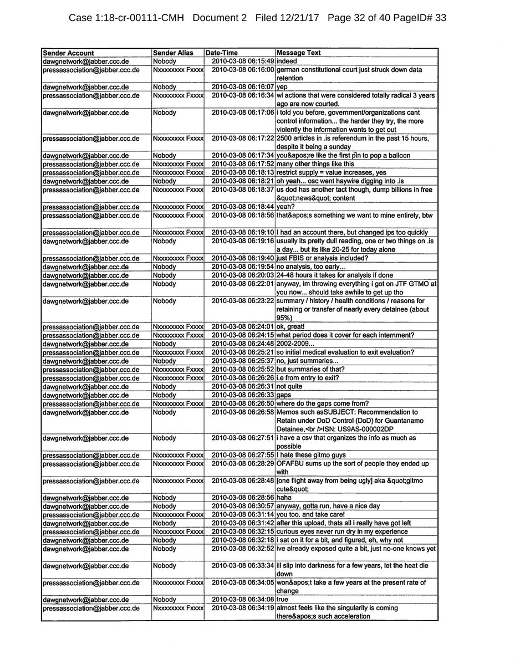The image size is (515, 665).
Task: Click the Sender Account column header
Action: pos(68,53)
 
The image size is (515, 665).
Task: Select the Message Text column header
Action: pos(298,53)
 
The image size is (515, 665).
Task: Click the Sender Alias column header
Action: pos(173,53)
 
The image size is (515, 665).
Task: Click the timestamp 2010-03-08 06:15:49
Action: pos(243,60)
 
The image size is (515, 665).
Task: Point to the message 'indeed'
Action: pos(287,60)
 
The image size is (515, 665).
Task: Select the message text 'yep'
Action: pos(282,87)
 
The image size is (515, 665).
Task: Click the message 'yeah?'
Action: pos(285,207)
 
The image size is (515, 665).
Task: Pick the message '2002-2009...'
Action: pos(294,343)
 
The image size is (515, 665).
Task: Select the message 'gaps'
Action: pos(284,395)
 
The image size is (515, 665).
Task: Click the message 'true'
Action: pos(283,600)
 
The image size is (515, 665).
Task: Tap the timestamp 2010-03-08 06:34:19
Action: pos(243,608)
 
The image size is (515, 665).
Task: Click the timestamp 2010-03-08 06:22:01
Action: pos(243,283)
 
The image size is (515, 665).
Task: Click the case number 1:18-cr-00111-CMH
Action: pos(128,18)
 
